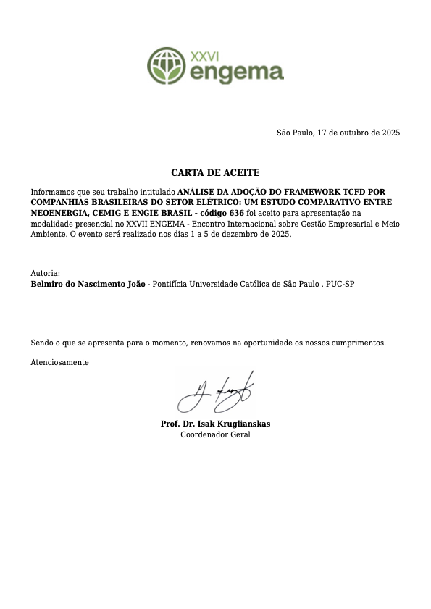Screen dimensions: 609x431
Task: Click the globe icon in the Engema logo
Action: (x=167, y=66)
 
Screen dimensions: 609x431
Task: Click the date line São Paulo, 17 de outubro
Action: (x=338, y=133)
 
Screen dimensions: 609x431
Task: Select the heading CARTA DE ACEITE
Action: (x=215, y=173)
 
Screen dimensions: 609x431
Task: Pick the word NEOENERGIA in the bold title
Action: (x=58, y=214)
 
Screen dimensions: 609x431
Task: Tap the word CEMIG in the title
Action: (x=110, y=214)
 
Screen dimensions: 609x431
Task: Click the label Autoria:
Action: (x=45, y=274)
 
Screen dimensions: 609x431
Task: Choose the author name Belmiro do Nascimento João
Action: (x=88, y=285)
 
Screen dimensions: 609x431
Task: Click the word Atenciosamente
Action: (x=59, y=361)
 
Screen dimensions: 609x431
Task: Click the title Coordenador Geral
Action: (x=215, y=434)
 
